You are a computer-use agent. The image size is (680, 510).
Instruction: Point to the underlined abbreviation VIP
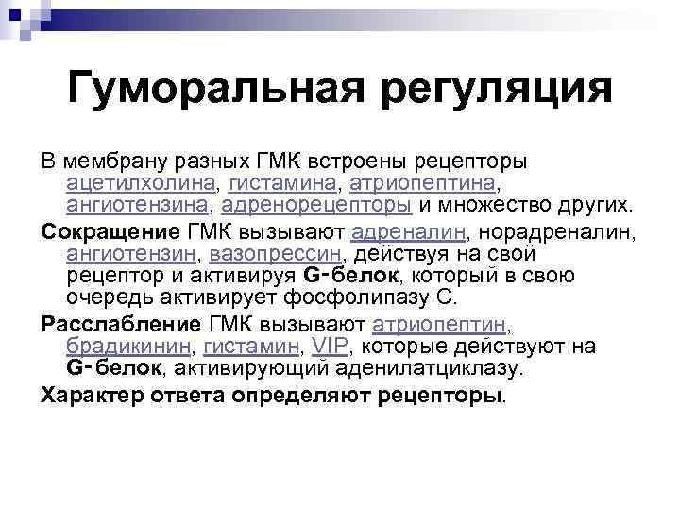(331, 347)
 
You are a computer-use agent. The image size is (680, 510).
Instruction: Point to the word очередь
(112, 297)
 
